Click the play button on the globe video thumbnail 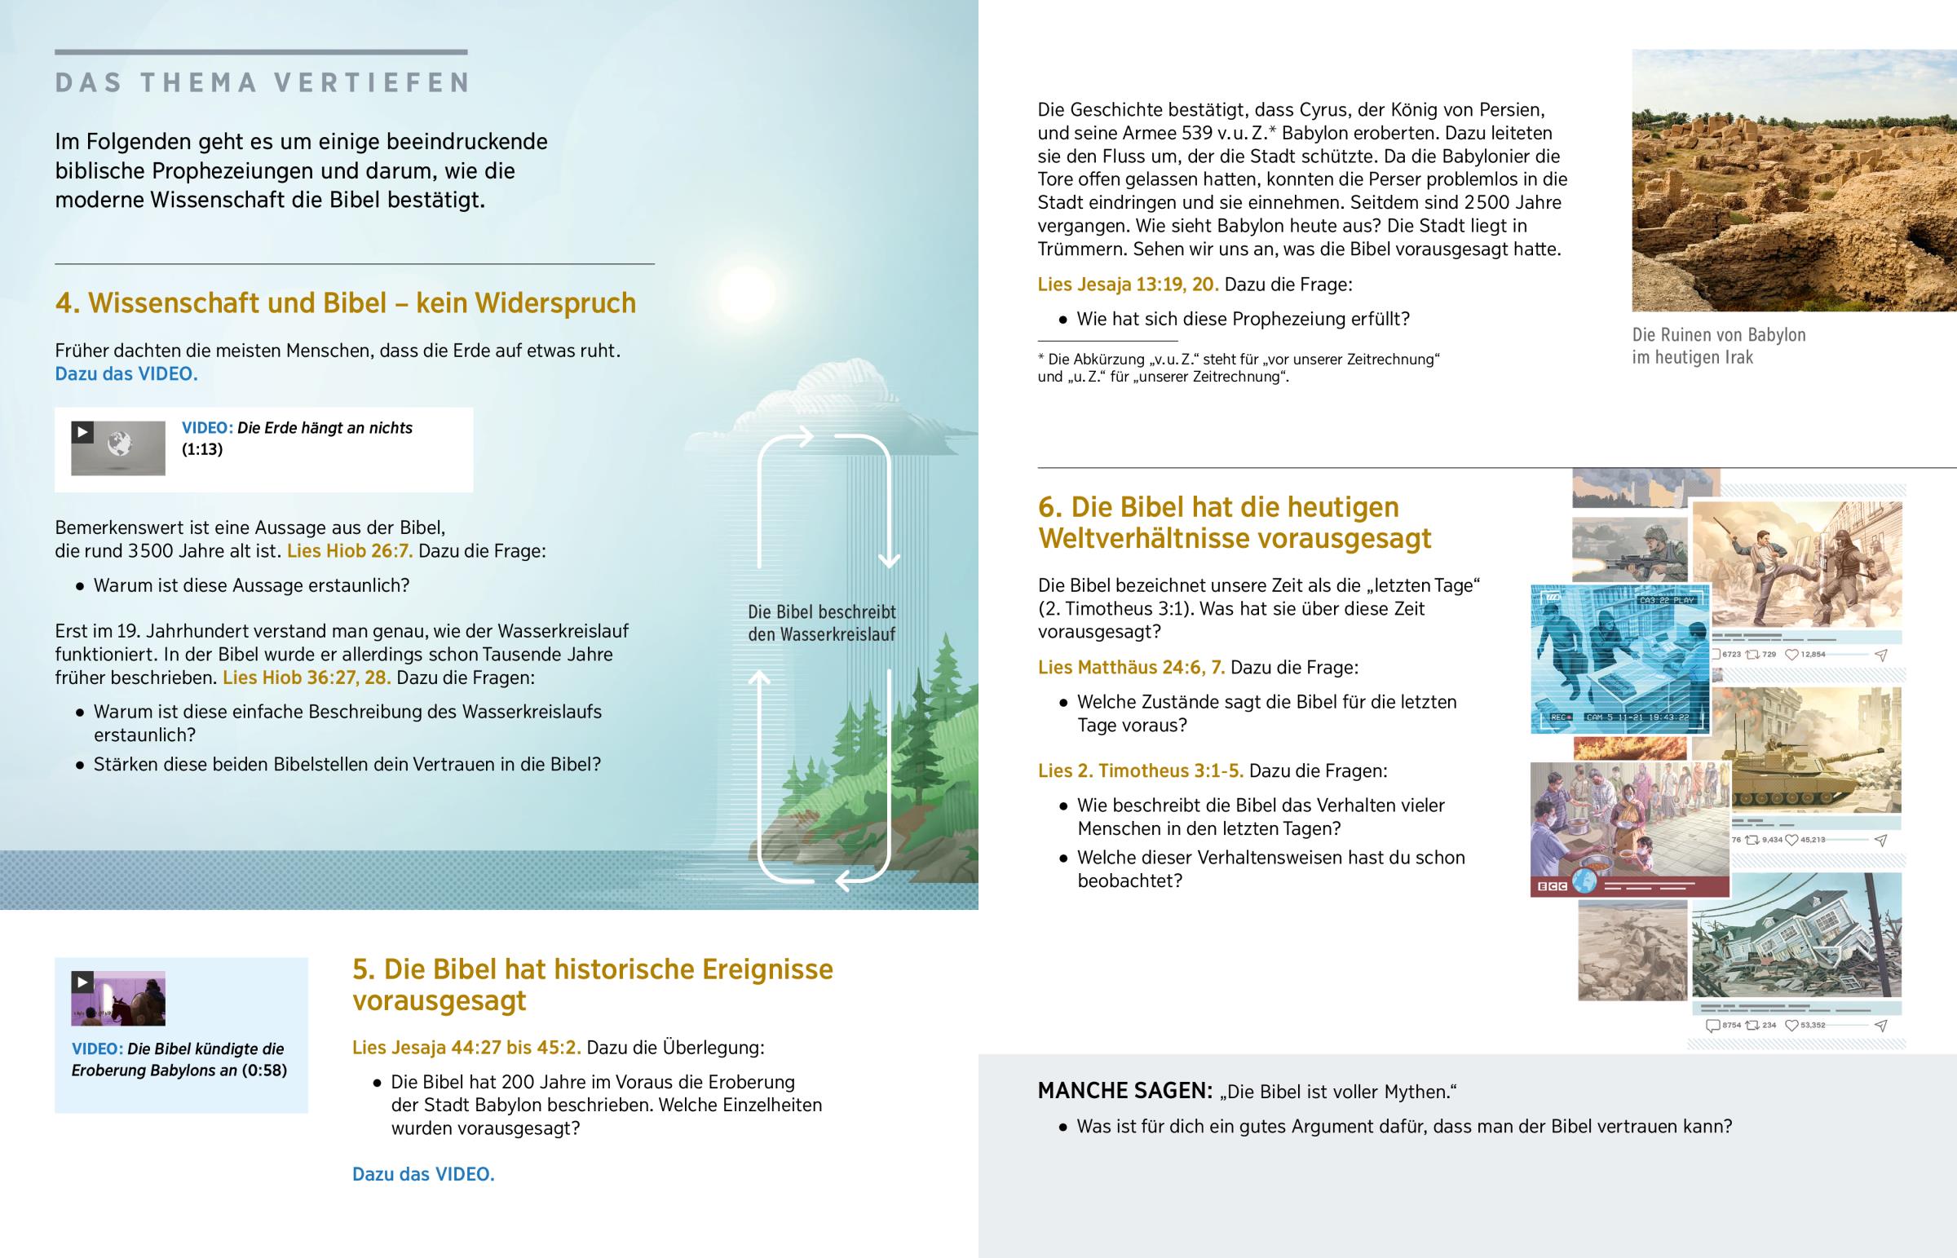82,432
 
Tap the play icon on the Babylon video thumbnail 82,982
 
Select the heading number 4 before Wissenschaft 65,303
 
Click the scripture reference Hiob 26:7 350,551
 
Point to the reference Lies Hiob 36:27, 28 307,678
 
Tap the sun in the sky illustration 745,290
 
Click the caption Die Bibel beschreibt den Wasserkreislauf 822,623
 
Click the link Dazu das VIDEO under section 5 423,1175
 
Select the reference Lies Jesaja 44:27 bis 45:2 466,1048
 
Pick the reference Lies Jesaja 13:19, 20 1128,285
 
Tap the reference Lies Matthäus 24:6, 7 1131,669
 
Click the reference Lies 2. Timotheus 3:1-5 1140,771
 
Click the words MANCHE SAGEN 1124,1092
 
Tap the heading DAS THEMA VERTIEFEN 263,83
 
